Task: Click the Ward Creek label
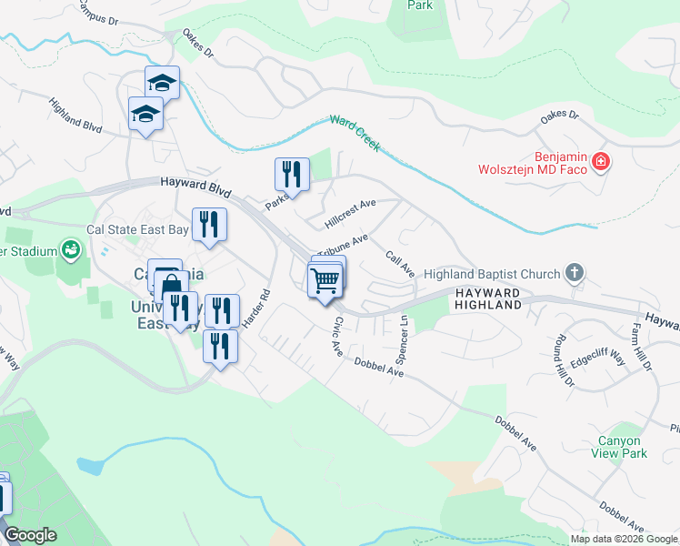click(x=355, y=132)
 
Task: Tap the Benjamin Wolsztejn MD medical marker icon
click(x=600, y=163)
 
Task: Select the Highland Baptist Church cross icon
click(x=574, y=272)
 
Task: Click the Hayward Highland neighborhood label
click(x=487, y=298)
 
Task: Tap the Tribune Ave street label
click(x=343, y=245)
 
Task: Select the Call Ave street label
click(x=400, y=264)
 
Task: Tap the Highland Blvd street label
click(x=76, y=116)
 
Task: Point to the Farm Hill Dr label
click(x=643, y=349)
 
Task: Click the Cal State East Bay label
click(x=137, y=230)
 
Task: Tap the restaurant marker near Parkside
click(x=292, y=174)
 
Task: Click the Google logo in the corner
click(x=29, y=535)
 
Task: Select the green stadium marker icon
click(x=70, y=249)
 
